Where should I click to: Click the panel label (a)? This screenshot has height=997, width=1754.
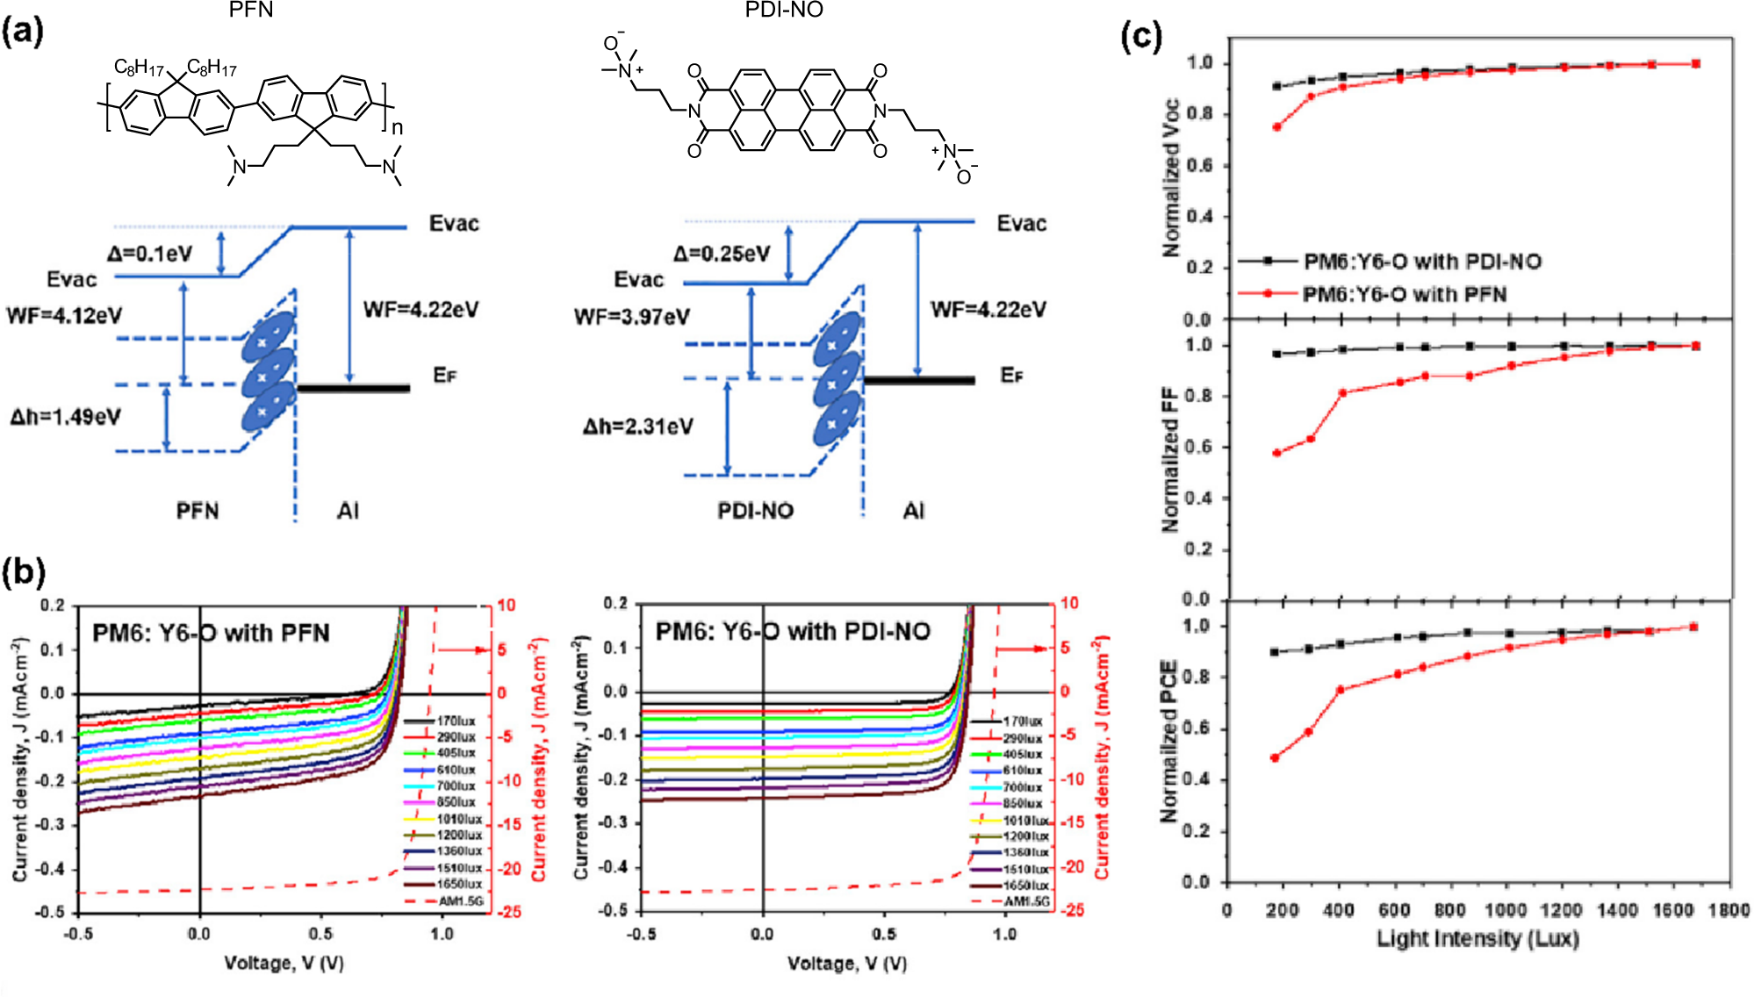point(23,32)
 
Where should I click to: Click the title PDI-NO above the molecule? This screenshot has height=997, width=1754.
point(783,11)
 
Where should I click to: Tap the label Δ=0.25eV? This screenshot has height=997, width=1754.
point(721,255)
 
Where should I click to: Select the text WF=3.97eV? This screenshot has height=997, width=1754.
point(631,317)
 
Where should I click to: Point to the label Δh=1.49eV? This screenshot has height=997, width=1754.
point(65,417)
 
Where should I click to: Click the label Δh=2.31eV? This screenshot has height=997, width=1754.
point(637,427)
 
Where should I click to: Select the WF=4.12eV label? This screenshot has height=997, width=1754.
point(64,316)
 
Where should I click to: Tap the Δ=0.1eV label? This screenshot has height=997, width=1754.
point(149,255)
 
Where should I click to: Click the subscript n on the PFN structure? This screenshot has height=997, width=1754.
point(397,128)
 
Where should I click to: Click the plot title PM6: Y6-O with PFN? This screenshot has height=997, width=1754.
point(211,633)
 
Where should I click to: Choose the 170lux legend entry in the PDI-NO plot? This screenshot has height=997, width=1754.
point(1022,721)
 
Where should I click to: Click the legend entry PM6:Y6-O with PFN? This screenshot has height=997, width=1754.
point(1404,294)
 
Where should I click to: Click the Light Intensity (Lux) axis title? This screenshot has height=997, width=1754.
point(1477,939)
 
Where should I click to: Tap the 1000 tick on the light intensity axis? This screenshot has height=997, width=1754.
point(1505,911)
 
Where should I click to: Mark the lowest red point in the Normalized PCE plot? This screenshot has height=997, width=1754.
point(1275,757)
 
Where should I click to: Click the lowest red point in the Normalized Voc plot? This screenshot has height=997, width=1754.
point(1277,127)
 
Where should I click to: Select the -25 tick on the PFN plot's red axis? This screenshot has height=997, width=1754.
point(510,913)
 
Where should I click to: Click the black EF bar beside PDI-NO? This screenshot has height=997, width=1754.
point(919,380)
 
